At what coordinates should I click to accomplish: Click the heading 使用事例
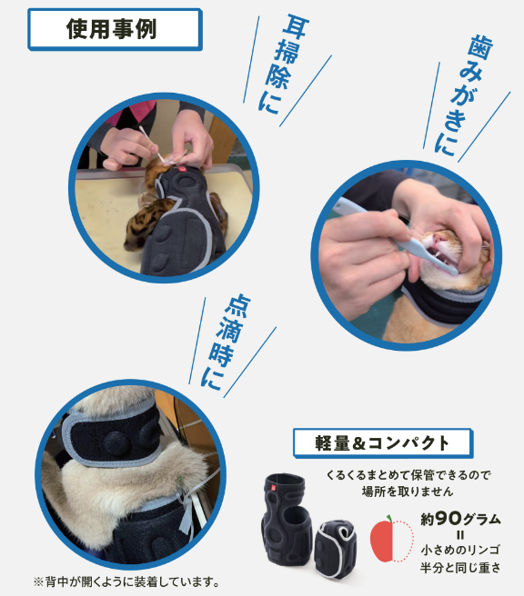pos(112,28)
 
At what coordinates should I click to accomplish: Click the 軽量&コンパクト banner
pos(381,443)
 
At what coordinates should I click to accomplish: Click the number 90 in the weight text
pos(452,520)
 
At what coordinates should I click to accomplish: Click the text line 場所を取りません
pos(392,491)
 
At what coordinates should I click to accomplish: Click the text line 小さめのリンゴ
pos(460,551)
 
